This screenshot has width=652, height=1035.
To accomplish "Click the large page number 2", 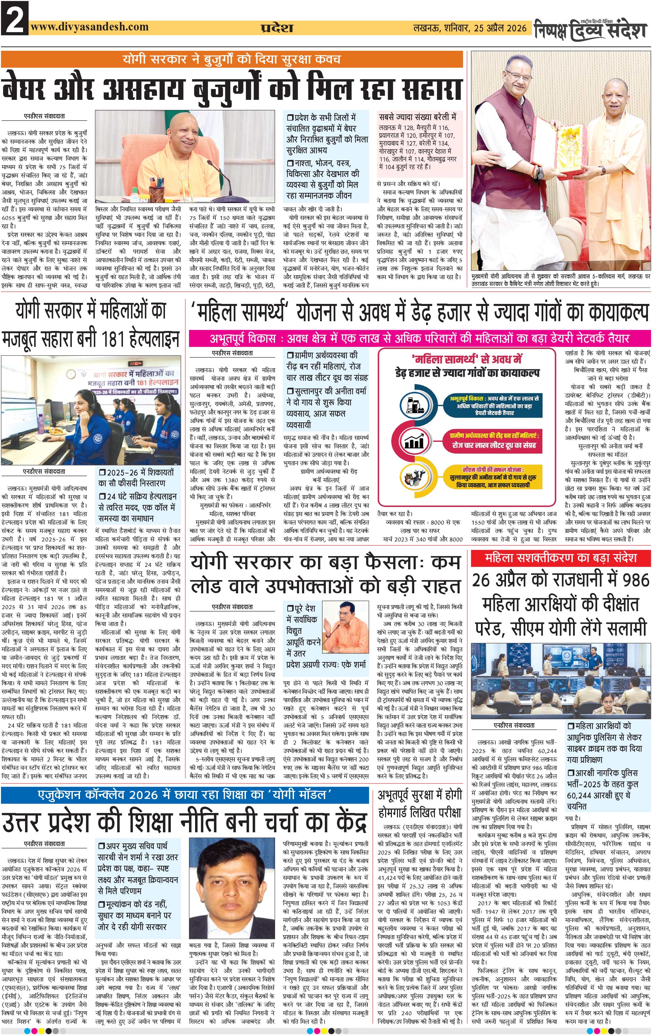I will [x=14, y=19].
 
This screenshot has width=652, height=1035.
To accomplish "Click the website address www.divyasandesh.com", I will [x=89, y=27].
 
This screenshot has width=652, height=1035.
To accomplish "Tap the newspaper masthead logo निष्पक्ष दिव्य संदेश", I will [x=590, y=30].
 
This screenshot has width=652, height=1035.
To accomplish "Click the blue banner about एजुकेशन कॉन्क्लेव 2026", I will [x=185, y=795].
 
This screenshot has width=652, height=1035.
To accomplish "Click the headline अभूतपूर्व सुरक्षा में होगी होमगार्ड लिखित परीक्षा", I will [x=419, y=804].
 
